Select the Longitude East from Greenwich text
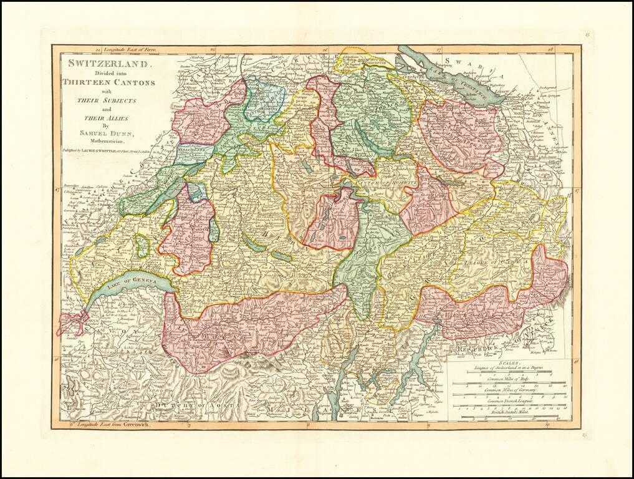pyautogui.click(x=109, y=424)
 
